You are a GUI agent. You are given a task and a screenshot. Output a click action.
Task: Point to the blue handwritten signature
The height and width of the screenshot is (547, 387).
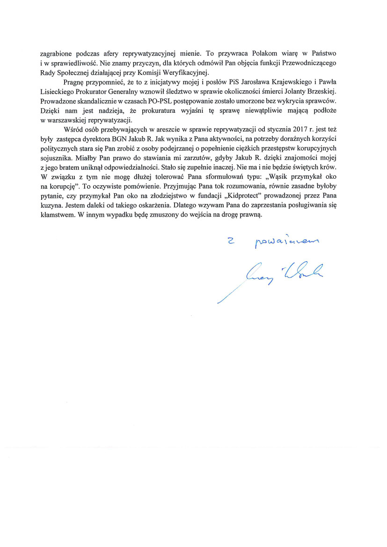tap(281, 274)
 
